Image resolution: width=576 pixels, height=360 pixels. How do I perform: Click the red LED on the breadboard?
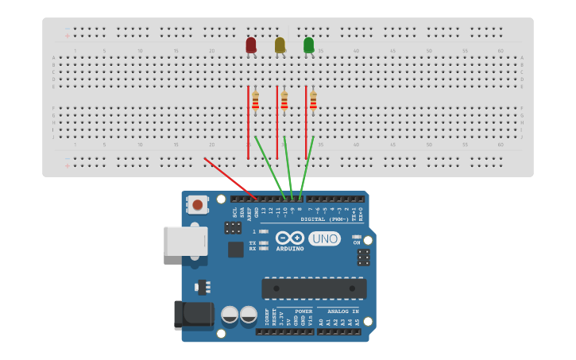tap(251, 45)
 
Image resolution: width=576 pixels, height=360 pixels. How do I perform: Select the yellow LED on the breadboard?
tap(280, 45)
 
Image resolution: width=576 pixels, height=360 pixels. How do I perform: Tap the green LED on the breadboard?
tap(308, 45)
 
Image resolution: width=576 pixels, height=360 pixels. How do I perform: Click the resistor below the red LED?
tap(255, 101)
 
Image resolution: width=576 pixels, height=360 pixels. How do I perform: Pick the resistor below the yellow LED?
tap(284, 101)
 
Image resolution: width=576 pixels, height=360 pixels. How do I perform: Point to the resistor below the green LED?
tap(313, 101)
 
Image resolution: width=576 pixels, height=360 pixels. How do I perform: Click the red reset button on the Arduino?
tap(197, 205)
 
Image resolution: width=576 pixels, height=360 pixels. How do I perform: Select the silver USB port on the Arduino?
tap(185, 241)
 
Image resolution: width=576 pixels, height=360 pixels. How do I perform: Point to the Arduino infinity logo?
tap(290, 238)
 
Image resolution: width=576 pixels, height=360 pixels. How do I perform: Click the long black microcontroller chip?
tap(314, 288)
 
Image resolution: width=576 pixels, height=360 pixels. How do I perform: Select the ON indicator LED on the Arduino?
tap(357, 237)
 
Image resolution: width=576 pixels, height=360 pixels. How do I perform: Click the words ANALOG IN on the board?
tap(343, 312)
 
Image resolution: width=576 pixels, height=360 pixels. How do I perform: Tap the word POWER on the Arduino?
tap(303, 312)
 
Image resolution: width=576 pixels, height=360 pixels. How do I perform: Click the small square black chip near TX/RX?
tap(236, 250)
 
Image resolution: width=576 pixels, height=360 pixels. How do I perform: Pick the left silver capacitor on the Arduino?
tap(230, 315)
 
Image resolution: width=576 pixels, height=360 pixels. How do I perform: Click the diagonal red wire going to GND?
tap(230, 179)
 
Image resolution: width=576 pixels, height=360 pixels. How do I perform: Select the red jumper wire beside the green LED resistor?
tap(306, 119)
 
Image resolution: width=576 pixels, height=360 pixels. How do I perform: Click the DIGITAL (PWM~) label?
tap(324, 219)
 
